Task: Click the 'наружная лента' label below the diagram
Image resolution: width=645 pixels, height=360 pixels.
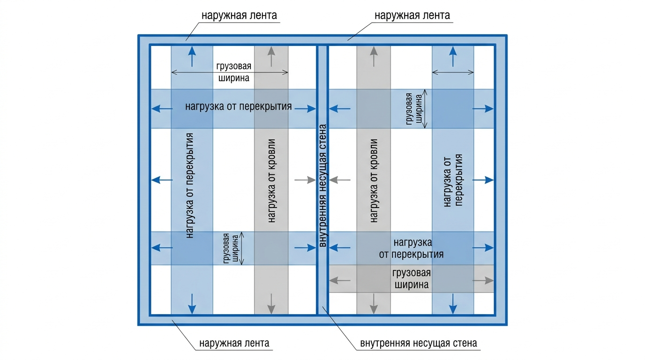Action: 234,343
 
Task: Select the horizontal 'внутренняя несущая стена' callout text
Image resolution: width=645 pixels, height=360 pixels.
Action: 419,343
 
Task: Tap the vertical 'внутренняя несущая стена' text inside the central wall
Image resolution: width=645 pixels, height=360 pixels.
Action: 323,186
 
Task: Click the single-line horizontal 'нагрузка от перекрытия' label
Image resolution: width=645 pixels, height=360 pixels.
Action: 239,106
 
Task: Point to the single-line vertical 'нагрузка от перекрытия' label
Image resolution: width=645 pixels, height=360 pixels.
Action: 190,186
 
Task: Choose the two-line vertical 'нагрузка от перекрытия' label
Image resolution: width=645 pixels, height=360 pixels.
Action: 453,180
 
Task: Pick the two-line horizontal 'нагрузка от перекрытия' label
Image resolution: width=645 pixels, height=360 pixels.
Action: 411,248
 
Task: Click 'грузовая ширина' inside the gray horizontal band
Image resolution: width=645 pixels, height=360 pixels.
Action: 412,279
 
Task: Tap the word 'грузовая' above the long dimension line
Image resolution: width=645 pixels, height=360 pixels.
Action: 234,66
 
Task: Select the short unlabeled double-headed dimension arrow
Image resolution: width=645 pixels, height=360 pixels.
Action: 453,72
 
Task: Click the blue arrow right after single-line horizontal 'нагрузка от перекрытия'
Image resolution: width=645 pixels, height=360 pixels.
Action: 305,109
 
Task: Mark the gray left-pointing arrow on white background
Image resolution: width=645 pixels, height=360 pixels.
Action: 340,180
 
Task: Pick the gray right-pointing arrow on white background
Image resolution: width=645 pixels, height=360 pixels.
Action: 305,180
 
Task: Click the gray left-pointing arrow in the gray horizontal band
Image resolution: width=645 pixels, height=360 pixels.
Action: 340,280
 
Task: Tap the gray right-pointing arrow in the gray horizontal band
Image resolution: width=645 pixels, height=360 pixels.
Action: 483,280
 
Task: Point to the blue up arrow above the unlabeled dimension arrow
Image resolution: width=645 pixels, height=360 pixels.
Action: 453,56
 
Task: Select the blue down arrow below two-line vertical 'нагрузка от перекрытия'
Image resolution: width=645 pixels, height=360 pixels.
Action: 453,304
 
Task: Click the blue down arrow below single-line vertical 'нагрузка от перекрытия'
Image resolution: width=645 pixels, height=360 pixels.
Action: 192,304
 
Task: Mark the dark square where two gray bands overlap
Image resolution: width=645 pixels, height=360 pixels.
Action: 374,279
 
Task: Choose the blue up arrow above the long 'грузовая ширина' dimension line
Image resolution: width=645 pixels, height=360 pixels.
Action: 192,56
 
